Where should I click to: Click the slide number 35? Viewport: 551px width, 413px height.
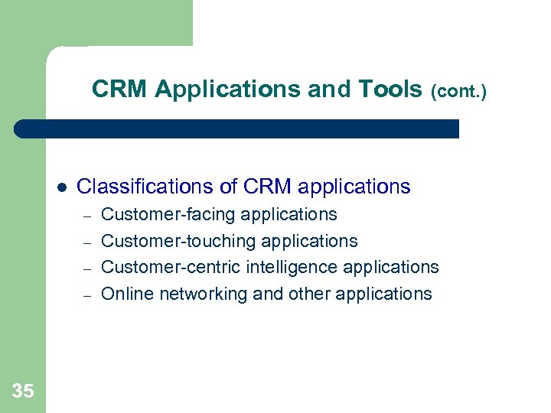click(23, 392)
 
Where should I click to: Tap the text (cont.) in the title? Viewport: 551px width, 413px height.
click(458, 92)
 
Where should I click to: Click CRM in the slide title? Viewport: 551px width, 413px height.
click(120, 89)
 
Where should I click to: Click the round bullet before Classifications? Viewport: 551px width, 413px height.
click(61, 187)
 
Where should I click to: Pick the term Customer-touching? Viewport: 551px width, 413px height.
click(178, 241)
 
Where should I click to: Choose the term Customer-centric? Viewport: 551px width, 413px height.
click(171, 267)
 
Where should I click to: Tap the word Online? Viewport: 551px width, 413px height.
click(124, 294)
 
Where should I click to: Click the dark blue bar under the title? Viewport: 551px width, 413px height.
click(237, 128)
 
